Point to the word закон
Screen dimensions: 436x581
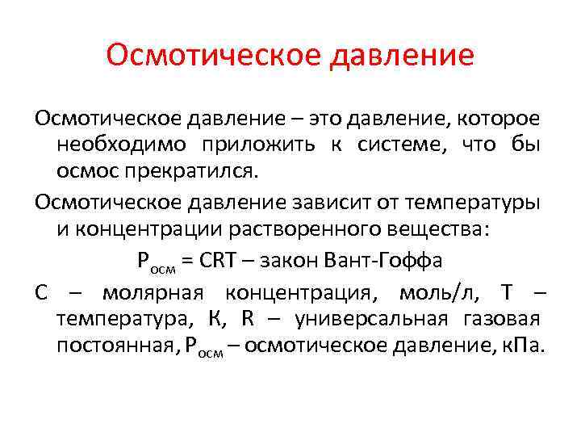click(289, 262)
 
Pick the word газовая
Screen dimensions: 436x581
click(504, 320)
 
